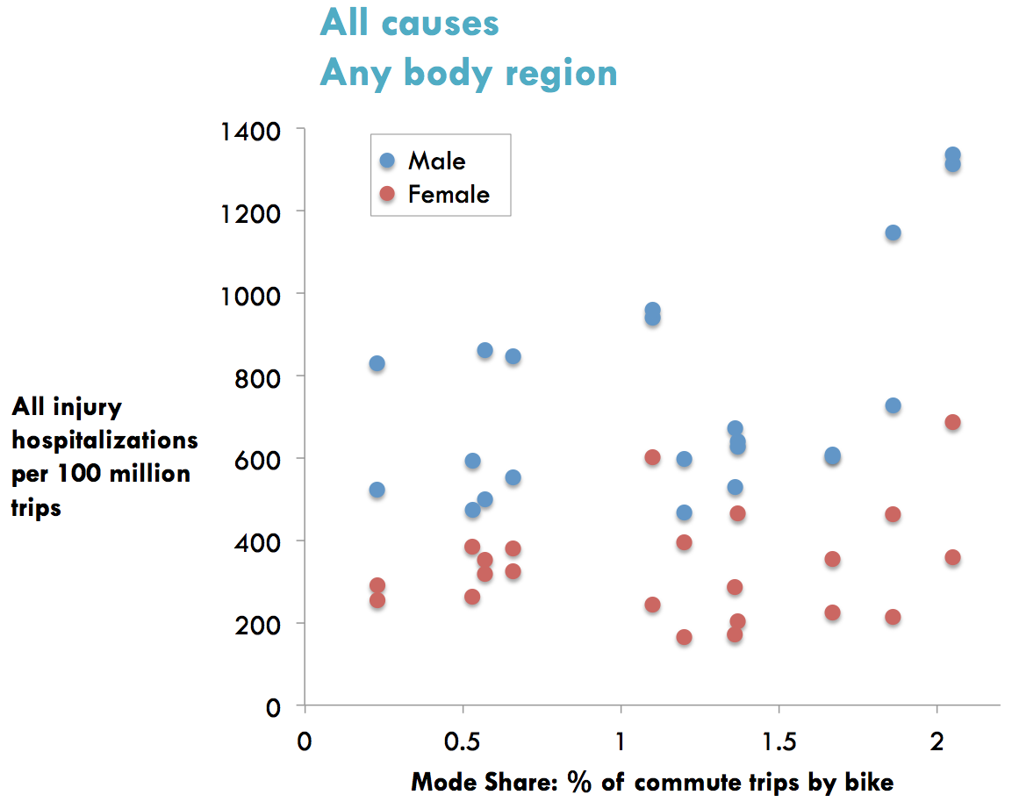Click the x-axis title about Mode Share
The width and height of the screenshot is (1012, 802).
tap(652, 781)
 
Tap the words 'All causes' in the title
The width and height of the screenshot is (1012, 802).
tap(409, 23)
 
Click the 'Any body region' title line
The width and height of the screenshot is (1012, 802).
tap(468, 73)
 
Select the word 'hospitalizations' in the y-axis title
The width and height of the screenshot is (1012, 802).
tap(104, 440)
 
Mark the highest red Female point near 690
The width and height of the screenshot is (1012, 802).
tap(952, 422)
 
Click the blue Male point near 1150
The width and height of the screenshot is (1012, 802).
tap(893, 233)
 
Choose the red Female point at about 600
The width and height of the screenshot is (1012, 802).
tap(652, 457)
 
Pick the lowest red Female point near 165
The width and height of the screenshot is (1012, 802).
tap(684, 637)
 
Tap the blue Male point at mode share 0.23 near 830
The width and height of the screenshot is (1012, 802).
tap(377, 363)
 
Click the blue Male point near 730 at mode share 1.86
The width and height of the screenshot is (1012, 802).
tap(893, 405)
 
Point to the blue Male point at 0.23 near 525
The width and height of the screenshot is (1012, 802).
tap(377, 490)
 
